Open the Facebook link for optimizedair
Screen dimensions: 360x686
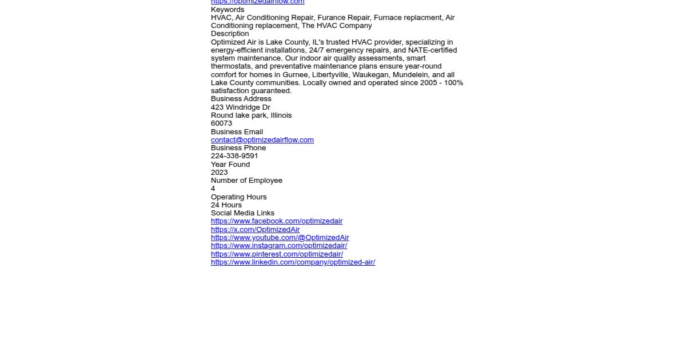(x=277, y=221)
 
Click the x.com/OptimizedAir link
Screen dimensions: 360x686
(x=255, y=230)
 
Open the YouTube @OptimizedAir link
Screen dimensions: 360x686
(x=280, y=238)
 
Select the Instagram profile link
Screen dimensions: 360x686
(x=279, y=246)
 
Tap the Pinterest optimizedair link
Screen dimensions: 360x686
(x=277, y=254)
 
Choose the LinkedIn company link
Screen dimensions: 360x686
(x=293, y=262)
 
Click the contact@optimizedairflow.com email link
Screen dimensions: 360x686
(x=262, y=140)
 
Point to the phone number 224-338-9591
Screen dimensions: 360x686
(x=234, y=156)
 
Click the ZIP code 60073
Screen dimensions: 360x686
(x=221, y=123)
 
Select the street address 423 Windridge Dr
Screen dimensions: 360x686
(x=240, y=107)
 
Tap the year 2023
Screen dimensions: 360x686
(x=219, y=173)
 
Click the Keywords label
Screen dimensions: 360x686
(x=228, y=10)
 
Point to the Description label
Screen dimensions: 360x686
(x=230, y=34)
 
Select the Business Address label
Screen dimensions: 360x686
(x=241, y=99)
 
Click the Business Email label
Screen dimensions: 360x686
(x=237, y=132)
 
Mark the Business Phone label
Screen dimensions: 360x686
(x=238, y=148)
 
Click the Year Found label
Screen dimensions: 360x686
(x=230, y=165)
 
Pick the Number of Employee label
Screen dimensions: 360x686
(x=246, y=181)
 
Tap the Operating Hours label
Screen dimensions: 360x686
(x=238, y=197)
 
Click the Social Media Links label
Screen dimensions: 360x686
(x=242, y=213)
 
